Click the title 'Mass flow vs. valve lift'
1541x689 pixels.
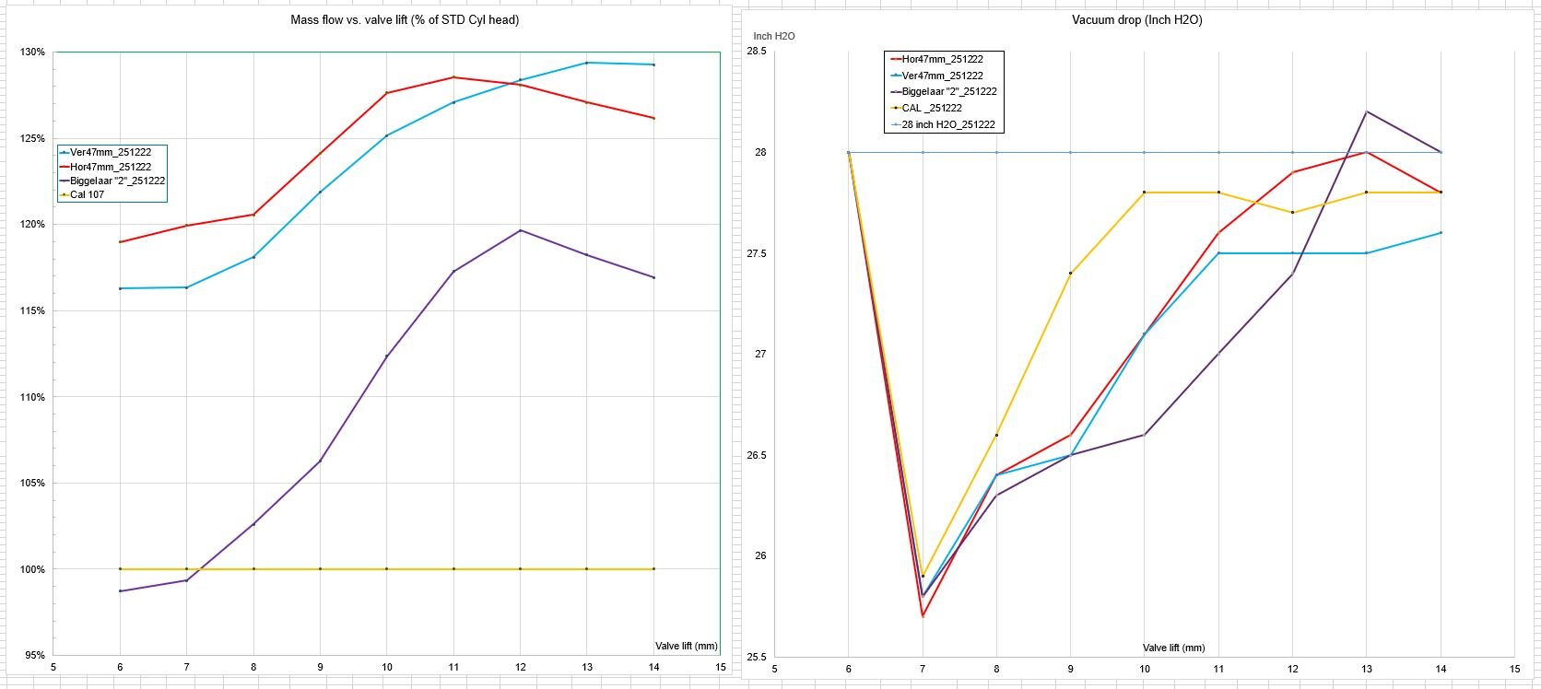[405, 20]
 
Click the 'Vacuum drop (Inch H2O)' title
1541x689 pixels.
[1136, 20]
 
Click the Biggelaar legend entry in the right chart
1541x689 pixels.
[948, 92]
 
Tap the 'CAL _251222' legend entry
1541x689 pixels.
[933, 108]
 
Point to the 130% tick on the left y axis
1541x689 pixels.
[32, 53]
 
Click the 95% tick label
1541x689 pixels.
[34, 656]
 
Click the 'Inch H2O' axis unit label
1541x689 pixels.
[774, 36]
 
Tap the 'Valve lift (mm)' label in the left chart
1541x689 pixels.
[687, 647]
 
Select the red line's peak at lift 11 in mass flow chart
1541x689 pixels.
[453, 77]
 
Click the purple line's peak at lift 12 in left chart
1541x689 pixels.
[520, 230]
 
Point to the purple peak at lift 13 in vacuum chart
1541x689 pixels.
[1366, 111]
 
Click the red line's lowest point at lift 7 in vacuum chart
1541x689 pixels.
[923, 616]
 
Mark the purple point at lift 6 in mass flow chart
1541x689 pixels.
[120, 590]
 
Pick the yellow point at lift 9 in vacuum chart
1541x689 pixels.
[1070, 274]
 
